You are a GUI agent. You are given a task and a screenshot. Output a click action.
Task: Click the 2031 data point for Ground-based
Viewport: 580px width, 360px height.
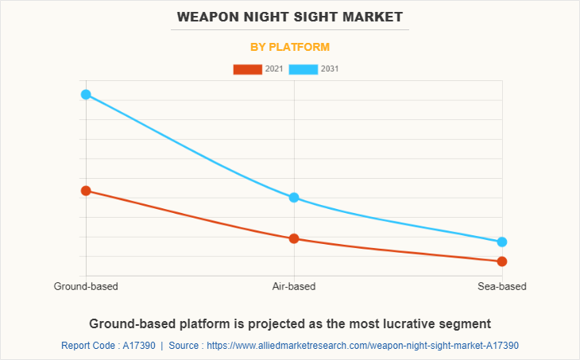click(86, 95)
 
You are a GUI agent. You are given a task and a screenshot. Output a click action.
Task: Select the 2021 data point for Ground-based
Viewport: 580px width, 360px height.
click(86, 191)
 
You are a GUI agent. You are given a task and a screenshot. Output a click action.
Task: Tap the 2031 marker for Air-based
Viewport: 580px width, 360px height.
click(294, 197)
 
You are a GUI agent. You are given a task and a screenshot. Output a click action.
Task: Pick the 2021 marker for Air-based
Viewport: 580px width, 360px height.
click(294, 238)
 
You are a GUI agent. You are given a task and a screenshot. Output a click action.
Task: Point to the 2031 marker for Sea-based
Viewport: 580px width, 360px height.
click(502, 242)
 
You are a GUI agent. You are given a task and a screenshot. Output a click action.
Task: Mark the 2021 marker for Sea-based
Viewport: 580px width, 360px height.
click(502, 261)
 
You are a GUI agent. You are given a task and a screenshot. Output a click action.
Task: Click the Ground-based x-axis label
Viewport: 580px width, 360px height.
click(86, 286)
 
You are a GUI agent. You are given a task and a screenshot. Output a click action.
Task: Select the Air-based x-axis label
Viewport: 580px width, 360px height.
click(294, 286)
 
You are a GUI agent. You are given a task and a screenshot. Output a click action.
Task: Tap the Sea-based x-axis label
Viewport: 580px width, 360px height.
click(502, 286)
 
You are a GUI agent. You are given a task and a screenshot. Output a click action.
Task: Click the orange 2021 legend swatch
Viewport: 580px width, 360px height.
click(247, 69)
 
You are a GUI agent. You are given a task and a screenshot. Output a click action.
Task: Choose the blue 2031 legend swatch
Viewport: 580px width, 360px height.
click(304, 69)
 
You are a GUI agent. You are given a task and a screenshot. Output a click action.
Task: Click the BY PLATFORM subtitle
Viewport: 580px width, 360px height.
click(290, 47)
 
